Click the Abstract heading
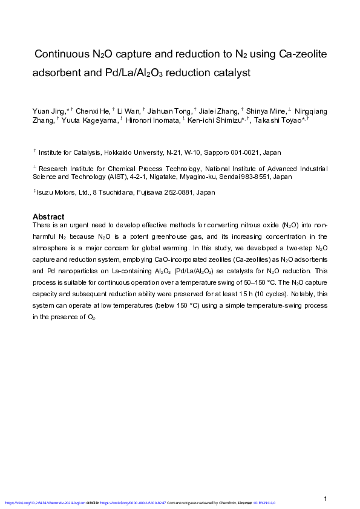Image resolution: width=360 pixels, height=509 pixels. click(x=48, y=216)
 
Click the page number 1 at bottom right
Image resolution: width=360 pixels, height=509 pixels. click(x=326, y=499)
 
